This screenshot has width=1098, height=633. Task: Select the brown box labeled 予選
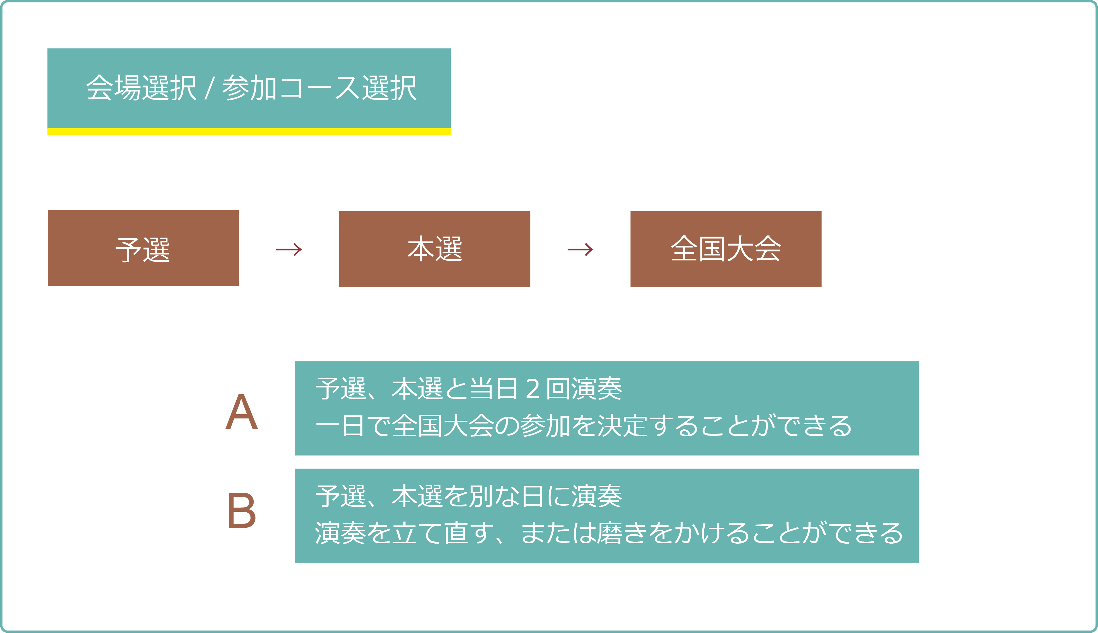(x=143, y=248)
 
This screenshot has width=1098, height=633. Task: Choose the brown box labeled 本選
(x=435, y=249)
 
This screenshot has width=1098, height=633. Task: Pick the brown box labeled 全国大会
(x=726, y=249)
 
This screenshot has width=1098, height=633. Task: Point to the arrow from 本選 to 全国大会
(x=580, y=249)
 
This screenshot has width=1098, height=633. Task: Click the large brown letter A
(x=242, y=412)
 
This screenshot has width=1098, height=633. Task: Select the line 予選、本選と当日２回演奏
(x=469, y=389)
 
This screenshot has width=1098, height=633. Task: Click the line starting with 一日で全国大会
(x=583, y=426)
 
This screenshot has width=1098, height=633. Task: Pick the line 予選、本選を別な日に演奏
(x=469, y=496)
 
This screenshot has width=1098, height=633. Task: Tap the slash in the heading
(x=209, y=88)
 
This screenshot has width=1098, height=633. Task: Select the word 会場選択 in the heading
(x=141, y=88)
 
